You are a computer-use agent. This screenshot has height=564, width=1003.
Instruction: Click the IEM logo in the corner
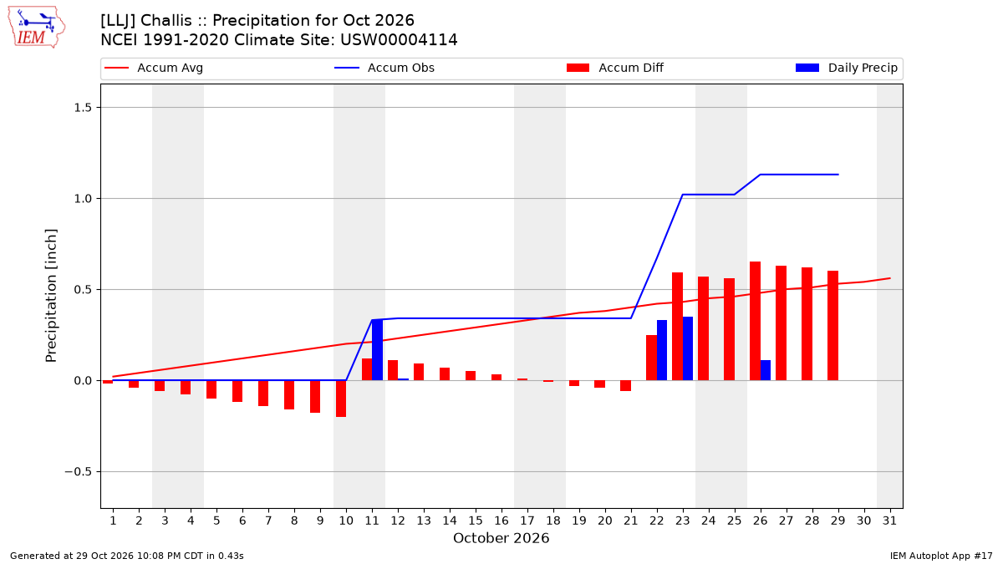(37, 28)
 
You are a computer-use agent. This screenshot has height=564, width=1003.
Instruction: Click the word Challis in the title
(166, 21)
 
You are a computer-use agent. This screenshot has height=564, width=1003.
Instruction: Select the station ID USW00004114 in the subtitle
(399, 40)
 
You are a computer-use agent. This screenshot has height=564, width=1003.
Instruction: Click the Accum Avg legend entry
(154, 68)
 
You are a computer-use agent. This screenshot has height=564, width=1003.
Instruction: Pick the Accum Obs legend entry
(384, 68)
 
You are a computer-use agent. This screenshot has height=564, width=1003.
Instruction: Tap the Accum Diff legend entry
(615, 68)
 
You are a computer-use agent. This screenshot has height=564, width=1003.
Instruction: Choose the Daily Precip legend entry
(846, 68)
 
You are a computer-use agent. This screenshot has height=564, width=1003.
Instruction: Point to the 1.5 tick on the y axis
(83, 108)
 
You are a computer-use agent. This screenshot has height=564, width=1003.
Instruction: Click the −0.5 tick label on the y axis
(79, 472)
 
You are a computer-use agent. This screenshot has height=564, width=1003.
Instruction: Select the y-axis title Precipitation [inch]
(51, 296)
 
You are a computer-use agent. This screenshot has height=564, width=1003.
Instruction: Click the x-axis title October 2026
(501, 538)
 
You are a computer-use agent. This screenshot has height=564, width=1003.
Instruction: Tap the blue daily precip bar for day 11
(378, 350)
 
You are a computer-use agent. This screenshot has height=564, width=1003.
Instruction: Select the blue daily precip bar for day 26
(766, 370)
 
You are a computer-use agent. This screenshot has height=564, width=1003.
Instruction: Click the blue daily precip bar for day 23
(688, 348)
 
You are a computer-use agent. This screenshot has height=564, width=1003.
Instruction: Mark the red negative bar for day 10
(341, 399)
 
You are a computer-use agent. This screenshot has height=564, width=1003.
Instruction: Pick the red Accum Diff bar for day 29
(832, 325)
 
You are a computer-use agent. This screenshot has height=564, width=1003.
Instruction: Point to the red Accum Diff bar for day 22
(651, 358)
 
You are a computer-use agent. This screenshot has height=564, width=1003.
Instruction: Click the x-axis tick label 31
(889, 521)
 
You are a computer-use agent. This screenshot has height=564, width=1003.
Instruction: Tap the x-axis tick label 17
(527, 521)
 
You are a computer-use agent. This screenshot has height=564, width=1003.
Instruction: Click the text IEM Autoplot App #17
(941, 556)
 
